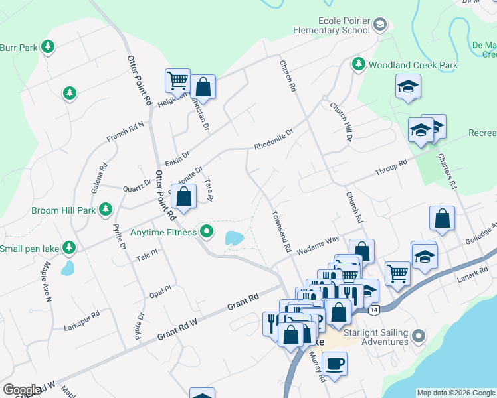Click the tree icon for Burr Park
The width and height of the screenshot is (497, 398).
tap(47, 47)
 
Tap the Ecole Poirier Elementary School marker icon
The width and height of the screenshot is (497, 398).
tap(379, 26)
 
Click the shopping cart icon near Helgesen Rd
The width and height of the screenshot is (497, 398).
tap(177, 81)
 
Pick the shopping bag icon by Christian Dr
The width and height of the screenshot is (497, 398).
tap(203, 87)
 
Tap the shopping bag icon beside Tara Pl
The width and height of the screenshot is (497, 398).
tap(185, 196)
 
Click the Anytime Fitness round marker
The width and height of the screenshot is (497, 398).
tap(207, 232)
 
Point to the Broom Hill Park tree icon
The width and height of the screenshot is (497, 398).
tap(105, 210)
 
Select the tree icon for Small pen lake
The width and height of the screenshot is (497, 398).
tap(68, 249)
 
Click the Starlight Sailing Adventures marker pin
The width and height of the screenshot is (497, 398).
tap(418, 336)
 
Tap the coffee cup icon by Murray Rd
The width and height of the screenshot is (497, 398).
tap(334, 364)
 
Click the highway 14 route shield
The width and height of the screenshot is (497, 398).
tap(375, 310)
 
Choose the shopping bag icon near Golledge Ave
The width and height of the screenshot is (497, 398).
tap(442, 218)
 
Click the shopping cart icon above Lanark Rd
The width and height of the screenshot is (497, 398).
tap(397, 273)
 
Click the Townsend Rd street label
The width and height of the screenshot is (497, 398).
tap(280, 232)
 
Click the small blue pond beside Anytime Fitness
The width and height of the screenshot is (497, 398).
tap(234, 237)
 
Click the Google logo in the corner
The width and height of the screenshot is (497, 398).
tap(22, 390)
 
